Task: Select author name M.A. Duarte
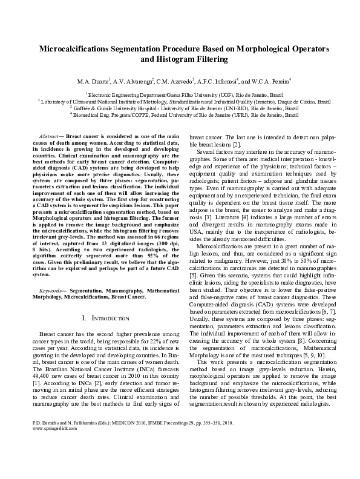tap(94, 80)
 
